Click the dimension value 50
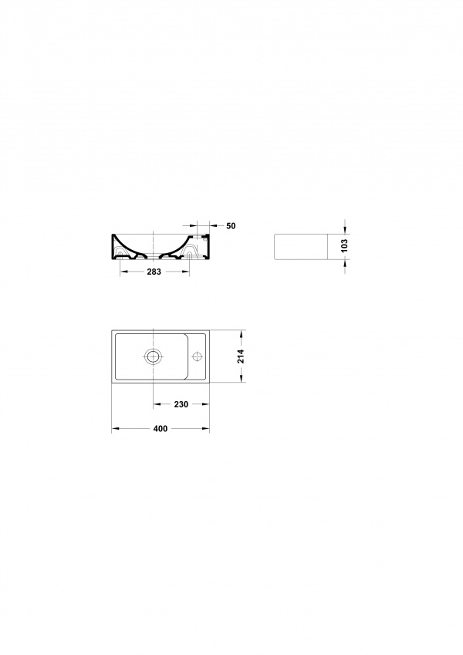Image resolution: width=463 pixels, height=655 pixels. [x=231, y=226]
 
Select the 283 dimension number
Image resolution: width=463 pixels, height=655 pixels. [x=154, y=272]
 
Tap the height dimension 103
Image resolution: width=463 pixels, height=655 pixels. [x=344, y=245]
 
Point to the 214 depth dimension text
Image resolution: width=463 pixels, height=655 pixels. [x=241, y=356]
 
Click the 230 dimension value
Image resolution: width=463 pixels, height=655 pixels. [x=181, y=404]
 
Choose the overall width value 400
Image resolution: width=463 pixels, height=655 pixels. [x=161, y=429]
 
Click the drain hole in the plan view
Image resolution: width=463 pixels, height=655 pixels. [x=154, y=356]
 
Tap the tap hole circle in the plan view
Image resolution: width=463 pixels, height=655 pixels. [x=197, y=356]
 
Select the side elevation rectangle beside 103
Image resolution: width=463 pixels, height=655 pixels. [x=300, y=246]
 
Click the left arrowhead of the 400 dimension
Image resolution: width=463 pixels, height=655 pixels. [x=115, y=429]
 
